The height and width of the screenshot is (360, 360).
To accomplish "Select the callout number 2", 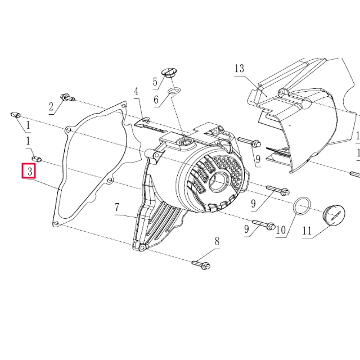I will click(51, 107).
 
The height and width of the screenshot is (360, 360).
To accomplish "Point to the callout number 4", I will click(136, 91).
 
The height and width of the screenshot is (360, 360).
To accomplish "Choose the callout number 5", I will click(155, 82).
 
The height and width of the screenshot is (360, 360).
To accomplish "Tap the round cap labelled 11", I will click(334, 217).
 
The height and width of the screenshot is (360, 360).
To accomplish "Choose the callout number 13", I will click(239, 69).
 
